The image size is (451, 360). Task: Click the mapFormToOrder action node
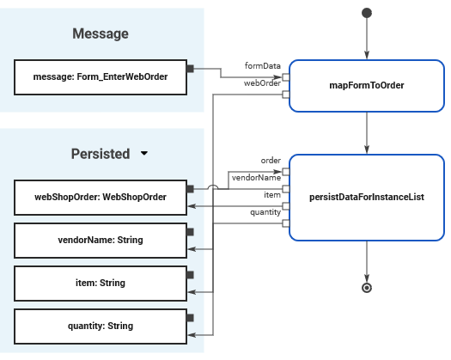pyautogui.click(x=367, y=85)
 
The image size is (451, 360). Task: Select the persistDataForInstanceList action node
pyautogui.click(x=367, y=198)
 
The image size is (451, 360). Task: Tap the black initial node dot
pyautogui.click(x=367, y=13)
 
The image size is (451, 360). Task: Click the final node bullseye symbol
pyautogui.click(x=367, y=288)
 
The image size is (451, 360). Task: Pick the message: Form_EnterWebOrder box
pyautogui.click(x=101, y=77)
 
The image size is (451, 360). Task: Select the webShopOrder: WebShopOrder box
pyautogui.click(x=101, y=198)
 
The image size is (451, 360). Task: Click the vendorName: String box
pyautogui.click(x=101, y=241)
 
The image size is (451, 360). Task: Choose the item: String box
pyautogui.click(x=101, y=284)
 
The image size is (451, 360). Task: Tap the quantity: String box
pyautogui.click(x=101, y=326)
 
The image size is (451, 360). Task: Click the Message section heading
pyautogui.click(x=101, y=34)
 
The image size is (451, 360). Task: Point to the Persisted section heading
pyautogui.click(x=101, y=154)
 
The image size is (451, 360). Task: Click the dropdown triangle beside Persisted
pyautogui.click(x=144, y=154)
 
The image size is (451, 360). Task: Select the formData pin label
pyautogui.click(x=262, y=66)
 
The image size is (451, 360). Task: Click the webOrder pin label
pyautogui.click(x=262, y=83)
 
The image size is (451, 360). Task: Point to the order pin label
pyautogui.click(x=271, y=161)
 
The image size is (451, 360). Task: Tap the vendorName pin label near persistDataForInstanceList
pyautogui.click(x=256, y=178)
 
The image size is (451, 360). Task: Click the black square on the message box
pyautogui.click(x=190, y=69)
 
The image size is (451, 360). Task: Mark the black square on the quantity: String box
pyautogui.click(x=190, y=318)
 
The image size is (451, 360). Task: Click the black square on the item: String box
pyautogui.click(x=190, y=275)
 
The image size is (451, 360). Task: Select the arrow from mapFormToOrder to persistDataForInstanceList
pyautogui.click(x=367, y=133)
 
